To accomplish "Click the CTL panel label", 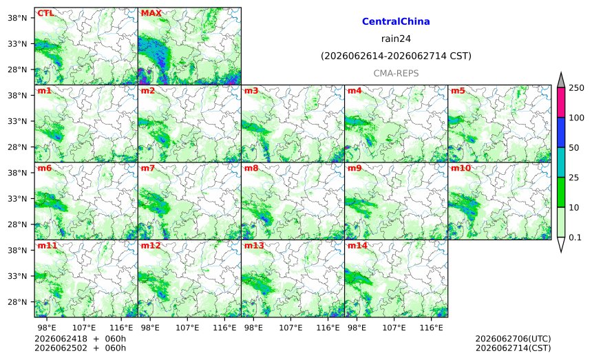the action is (x=45, y=13).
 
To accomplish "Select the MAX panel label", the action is (x=151, y=13).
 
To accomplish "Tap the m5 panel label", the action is (x=458, y=91).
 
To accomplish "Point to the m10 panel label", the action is (x=461, y=168).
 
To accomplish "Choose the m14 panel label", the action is (x=357, y=246).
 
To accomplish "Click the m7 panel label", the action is (x=148, y=168).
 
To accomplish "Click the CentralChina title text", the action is (x=396, y=21).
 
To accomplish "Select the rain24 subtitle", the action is (x=396, y=39).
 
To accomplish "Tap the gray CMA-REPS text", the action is (x=396, y=73).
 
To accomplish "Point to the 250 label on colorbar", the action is (x=577, y=88).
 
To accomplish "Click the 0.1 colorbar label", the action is (x=575, y=237).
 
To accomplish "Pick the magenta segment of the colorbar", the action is (x=561, y=103).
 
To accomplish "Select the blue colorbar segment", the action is (x=561, y=132).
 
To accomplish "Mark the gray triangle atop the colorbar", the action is (x=561, y=81).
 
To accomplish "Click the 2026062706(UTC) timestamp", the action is (x=513, y=339).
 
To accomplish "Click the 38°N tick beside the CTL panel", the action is (x=17, y=18).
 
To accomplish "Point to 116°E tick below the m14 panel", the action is (x=432, y=328).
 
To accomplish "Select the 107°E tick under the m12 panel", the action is (x=187, y=328).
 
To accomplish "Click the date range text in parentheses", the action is (x=396, y=56).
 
